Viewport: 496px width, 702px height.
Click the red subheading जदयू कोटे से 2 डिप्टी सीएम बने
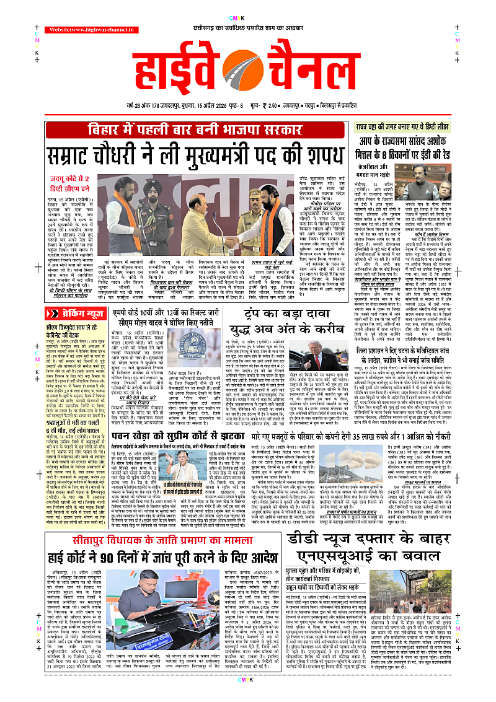click(x=71, y=183)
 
